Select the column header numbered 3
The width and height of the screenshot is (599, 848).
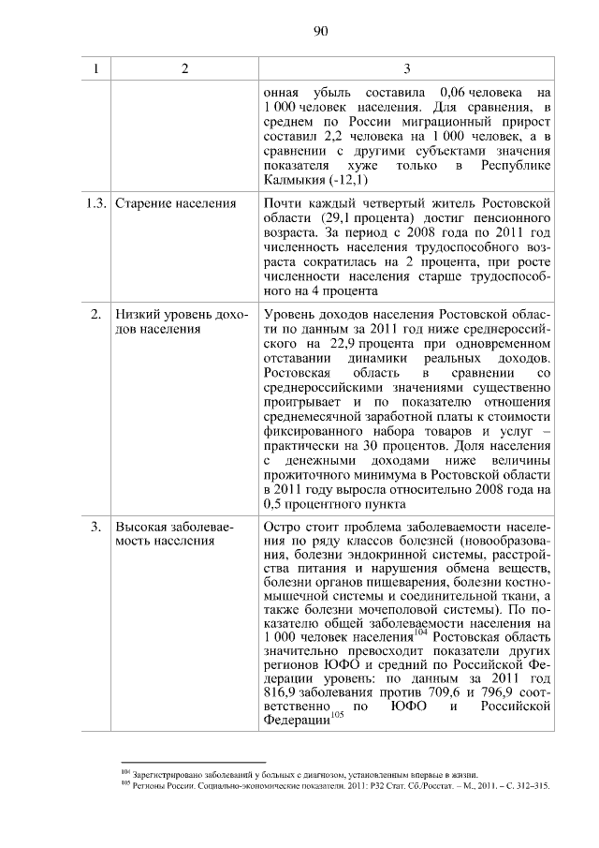click(x=406, y=69)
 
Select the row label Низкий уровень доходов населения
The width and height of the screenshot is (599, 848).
click(x=181, y=322)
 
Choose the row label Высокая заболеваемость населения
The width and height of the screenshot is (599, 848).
click(x=174, y=534)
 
